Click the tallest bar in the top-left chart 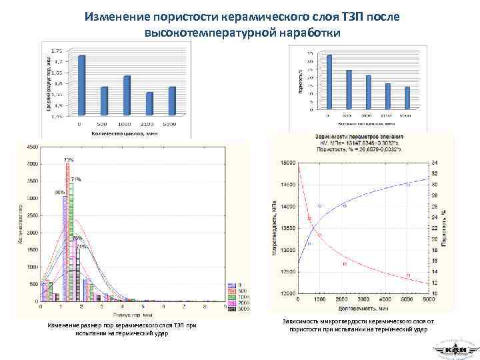coord(82,85)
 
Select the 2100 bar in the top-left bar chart coord(150,103)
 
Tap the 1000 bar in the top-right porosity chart coord(368,91)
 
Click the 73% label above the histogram coord(69,160)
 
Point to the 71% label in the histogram coord(77,180)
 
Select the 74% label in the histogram coord(81,247)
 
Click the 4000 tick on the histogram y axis coord(32,164)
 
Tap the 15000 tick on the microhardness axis coord(287,163)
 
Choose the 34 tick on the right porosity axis coord(435,163)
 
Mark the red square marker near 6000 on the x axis coord(408,275)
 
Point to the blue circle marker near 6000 coord(408,184)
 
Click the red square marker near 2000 coord(345,264)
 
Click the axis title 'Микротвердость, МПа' coord(274,227)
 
